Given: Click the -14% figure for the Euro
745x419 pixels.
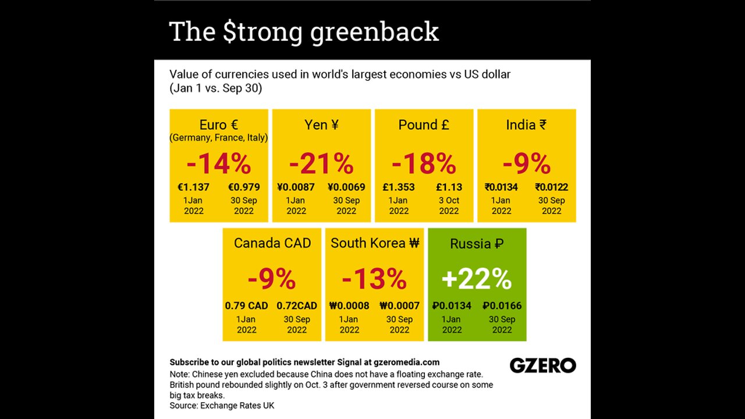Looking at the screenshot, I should (x=219, y=164).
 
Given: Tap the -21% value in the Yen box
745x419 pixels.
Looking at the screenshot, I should (x=321, y=164).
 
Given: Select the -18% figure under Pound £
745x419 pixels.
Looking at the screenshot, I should (x=424, y=164).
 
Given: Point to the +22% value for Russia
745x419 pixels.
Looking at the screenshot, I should (x=477, y=280).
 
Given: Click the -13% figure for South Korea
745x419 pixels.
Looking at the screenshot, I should (x=374, y=280).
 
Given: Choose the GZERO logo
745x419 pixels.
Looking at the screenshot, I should (x=542, y=365).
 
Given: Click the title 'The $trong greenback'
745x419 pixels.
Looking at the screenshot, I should (x=304, y=31).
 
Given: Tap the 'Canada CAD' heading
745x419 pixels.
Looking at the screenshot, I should (x=272, y=243).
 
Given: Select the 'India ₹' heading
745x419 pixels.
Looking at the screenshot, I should (x=526, y=125).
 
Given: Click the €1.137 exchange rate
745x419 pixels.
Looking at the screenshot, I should (x=193, y=187).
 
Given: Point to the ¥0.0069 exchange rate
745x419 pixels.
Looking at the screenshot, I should (x=346, y=187).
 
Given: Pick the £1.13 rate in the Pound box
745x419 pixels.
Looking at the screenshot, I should (x=449, y=187).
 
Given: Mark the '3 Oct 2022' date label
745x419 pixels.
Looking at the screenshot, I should (x=449, y=205).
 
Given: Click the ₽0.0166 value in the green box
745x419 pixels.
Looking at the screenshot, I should (x=502, y=306).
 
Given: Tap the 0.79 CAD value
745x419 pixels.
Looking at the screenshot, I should (x=246, y=306).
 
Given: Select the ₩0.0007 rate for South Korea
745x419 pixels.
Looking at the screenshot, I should (x=399, y=306).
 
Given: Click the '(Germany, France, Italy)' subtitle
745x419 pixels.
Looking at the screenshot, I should (x=219, y=138).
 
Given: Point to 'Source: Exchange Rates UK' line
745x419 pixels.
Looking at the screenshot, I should (x=222, y=405).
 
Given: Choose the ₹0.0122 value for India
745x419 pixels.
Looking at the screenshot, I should (x=551, y=187).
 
